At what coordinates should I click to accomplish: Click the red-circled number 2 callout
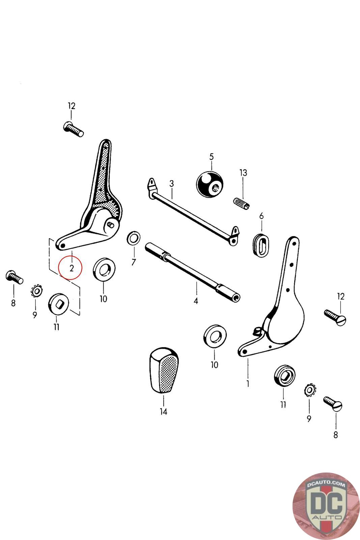click(70, 268)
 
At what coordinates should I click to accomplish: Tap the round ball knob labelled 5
click(209, 184)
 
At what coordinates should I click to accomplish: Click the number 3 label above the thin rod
click(171, 184)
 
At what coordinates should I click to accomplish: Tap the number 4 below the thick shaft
click(196, 301)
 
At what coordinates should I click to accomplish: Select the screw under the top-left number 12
click(73, 129)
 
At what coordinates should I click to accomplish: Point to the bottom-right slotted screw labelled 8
click(334, 404)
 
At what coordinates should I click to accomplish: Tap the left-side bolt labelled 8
click(14, 277)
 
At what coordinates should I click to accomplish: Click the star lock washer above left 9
click(36, 290)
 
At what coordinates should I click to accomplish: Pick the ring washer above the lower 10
click(215, 336)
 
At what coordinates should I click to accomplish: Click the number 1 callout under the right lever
click(248, 384)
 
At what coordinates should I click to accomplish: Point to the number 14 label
click(163, 412)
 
